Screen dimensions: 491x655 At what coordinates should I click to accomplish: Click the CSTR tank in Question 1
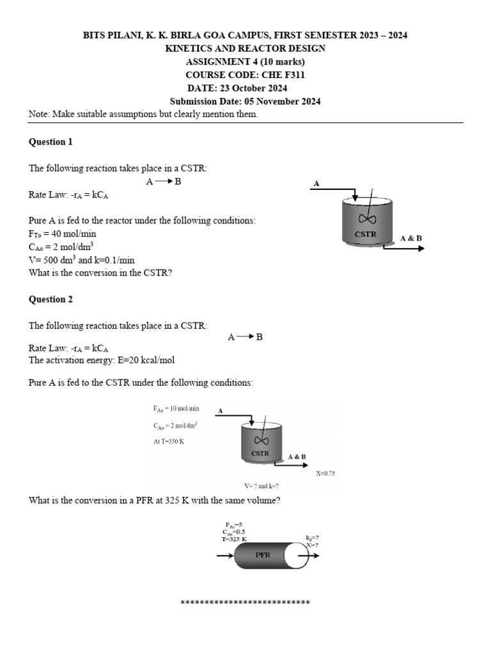point(366,221)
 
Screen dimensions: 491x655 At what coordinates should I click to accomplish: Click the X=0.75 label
point(325,473)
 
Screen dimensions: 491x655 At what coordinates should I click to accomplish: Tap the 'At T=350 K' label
point(169,441)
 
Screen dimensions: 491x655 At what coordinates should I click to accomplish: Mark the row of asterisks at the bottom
point(245,603)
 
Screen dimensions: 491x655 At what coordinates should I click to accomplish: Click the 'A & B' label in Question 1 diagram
point(411,238)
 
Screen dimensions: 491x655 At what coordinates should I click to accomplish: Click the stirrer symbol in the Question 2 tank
point(260,440)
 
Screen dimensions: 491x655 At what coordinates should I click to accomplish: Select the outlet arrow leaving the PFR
point(314,555)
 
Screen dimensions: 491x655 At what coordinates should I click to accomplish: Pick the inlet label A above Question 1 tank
point(316,184)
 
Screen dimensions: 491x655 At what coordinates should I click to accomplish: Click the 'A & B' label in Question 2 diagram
point(297,457)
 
